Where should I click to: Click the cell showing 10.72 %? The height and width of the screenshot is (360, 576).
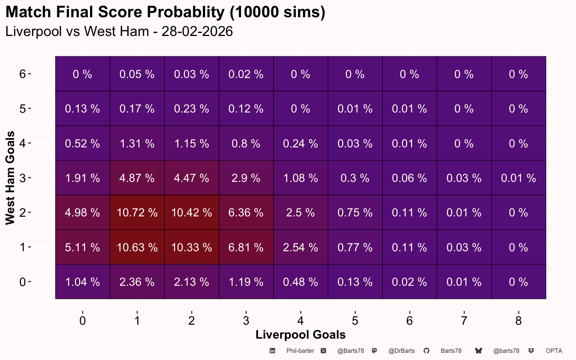coord(137,212)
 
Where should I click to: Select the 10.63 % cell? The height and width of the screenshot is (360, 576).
coord(137,247)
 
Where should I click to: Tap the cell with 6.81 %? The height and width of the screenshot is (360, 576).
coord(246,247)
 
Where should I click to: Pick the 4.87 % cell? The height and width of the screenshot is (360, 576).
coord(137,178)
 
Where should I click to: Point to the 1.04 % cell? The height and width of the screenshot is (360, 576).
coord(82,282)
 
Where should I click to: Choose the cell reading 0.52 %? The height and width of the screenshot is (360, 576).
coord(82,143)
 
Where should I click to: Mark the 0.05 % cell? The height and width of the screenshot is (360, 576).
coord(137,74)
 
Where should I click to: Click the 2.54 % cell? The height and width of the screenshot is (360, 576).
coord(301,247)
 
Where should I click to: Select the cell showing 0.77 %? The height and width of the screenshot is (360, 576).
coord(355,247)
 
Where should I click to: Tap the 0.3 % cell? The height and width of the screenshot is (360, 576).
coord(355,178)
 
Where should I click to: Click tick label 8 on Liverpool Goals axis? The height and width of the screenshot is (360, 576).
coord(518,320)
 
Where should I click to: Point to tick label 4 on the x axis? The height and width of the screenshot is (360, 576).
coord(301,320)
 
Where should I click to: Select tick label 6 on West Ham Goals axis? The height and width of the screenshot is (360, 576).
coord(22,74)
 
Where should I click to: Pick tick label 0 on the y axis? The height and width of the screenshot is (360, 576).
coord(22,282)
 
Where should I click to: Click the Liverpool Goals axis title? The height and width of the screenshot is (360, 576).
coord(301,334)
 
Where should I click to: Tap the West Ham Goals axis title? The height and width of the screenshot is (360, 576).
coord(10,178)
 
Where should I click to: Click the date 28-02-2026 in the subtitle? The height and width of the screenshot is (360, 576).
coord(197,31)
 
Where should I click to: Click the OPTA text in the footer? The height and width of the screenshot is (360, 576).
coord(554,351)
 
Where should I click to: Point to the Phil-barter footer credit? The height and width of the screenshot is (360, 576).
coord(300,351)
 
